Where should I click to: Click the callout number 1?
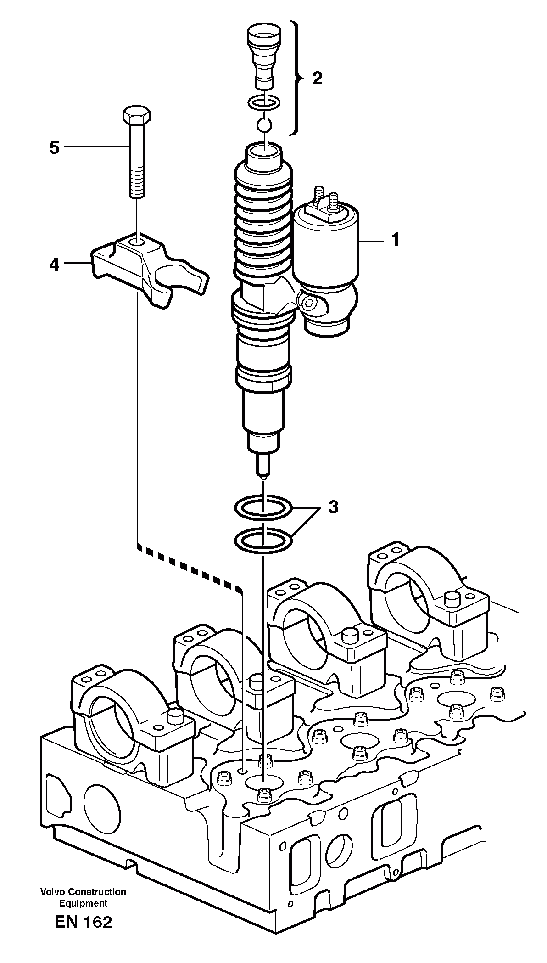pos(395,240)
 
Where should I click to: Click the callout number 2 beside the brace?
pos(317,79)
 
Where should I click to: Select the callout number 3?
pos(333,507)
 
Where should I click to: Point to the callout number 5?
pos(54,147)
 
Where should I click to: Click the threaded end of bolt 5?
pos(136,184)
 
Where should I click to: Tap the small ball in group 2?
pos(263,124)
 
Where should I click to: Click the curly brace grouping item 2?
pos(298,79)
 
